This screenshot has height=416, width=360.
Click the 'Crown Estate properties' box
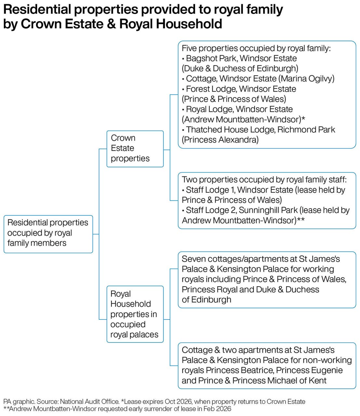tap(135, 149)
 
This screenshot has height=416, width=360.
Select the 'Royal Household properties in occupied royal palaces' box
tap(135, 314)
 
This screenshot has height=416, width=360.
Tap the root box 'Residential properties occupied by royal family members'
tap(48, 234)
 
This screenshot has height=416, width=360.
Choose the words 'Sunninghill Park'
tap(268, 210)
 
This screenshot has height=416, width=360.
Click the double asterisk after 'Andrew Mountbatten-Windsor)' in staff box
tap(300, 219)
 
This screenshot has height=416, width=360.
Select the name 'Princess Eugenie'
tap(309, 370)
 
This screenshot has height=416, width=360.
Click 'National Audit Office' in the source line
tap(90, 401)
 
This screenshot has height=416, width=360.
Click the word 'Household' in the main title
tap(189, 24)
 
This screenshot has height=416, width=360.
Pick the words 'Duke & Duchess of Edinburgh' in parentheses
tap(240, 69)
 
